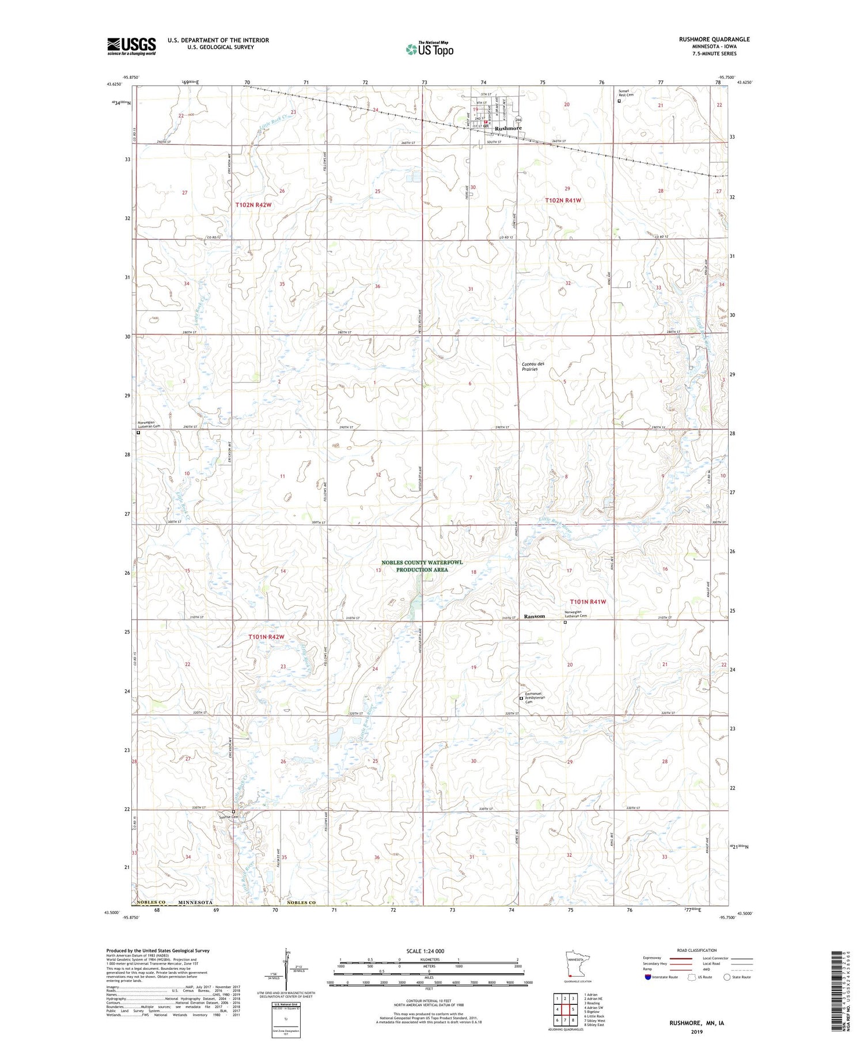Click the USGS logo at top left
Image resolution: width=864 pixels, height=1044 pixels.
click(131, 46)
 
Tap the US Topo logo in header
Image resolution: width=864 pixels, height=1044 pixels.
click(429, 49)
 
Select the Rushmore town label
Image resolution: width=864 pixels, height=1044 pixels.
click(508, 128)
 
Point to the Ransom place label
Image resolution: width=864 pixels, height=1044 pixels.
click(534, 616)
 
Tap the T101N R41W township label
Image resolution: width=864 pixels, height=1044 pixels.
click(588, 601)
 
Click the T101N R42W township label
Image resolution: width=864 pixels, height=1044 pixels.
click(266, 637)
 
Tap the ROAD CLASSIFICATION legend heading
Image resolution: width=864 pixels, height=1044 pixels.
click(697, 951)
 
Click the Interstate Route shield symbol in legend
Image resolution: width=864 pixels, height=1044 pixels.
click(647, 977)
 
